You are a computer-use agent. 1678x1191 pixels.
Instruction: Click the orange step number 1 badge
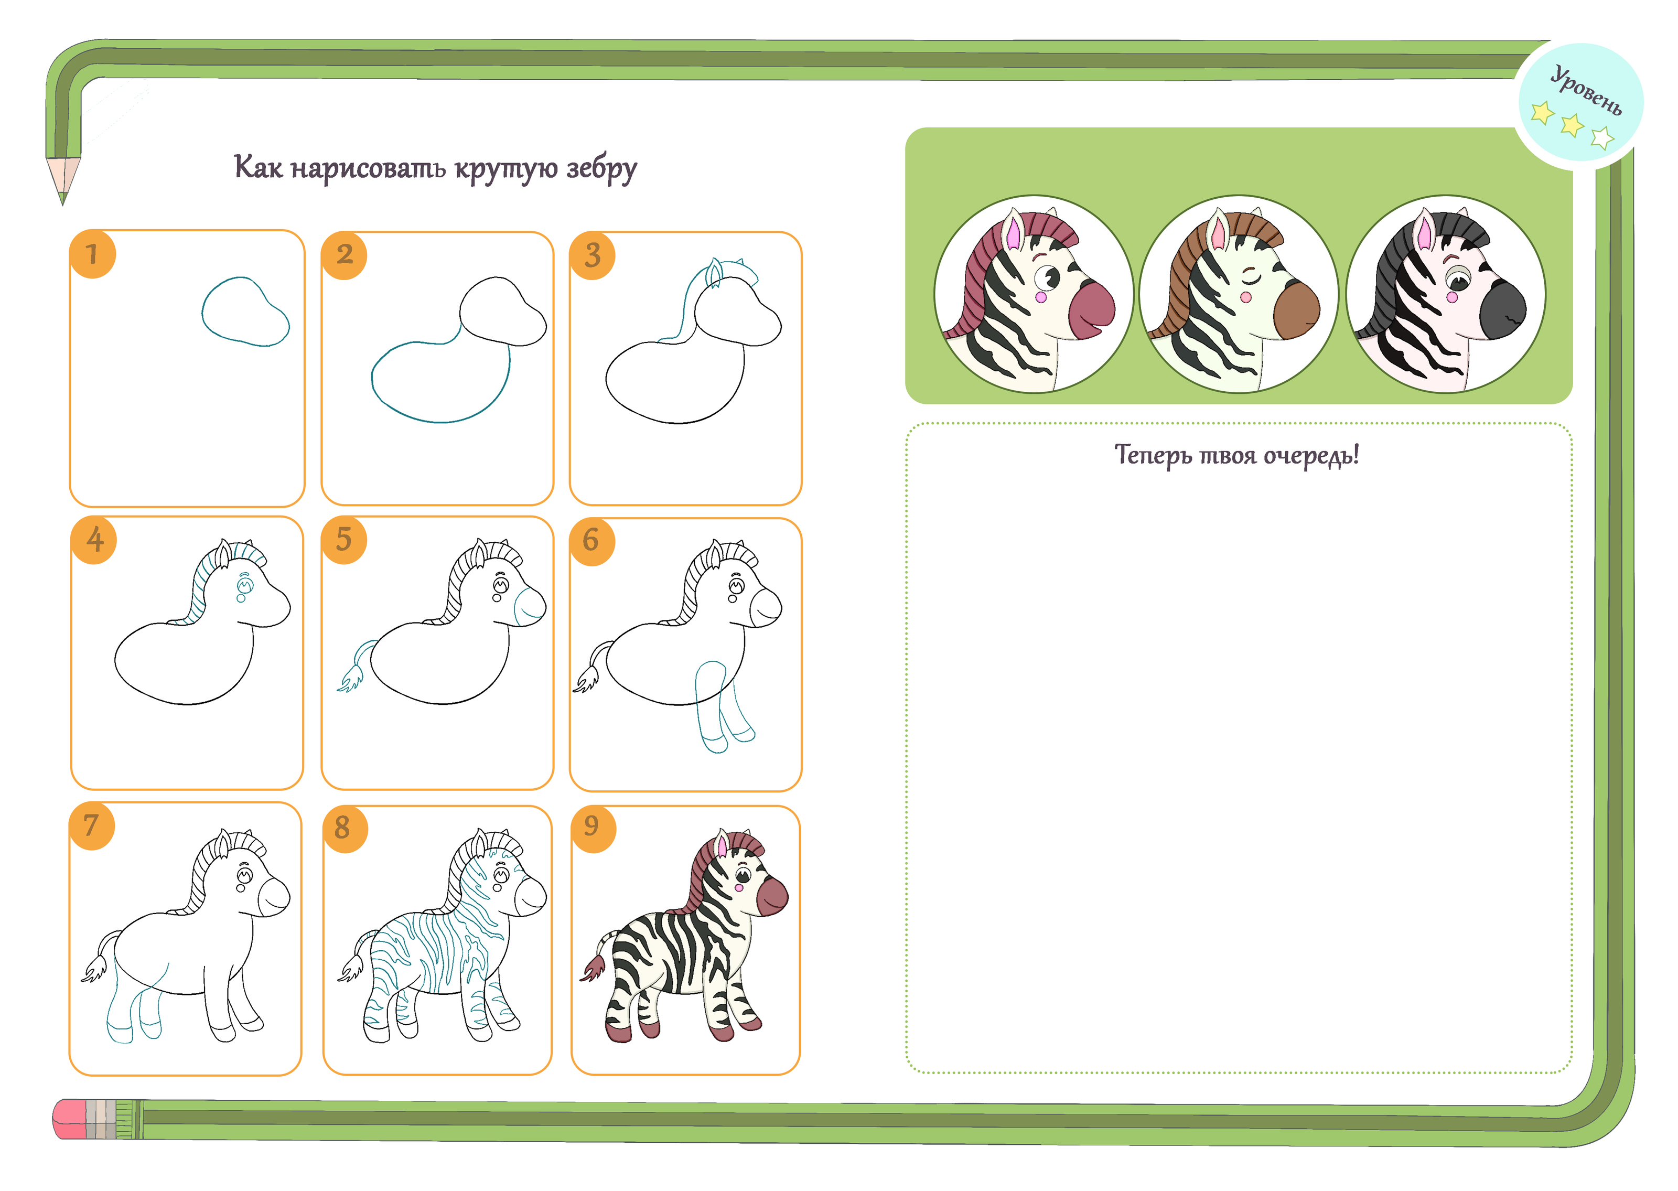coord(92,254)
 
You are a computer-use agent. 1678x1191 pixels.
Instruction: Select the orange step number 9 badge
coord(593,829)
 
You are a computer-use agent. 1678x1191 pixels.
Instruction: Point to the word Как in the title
coord(257,166)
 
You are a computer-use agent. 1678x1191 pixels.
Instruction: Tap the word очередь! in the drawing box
coord(1311,455)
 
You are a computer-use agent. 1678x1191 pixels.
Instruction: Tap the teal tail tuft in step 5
coord(350,679)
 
